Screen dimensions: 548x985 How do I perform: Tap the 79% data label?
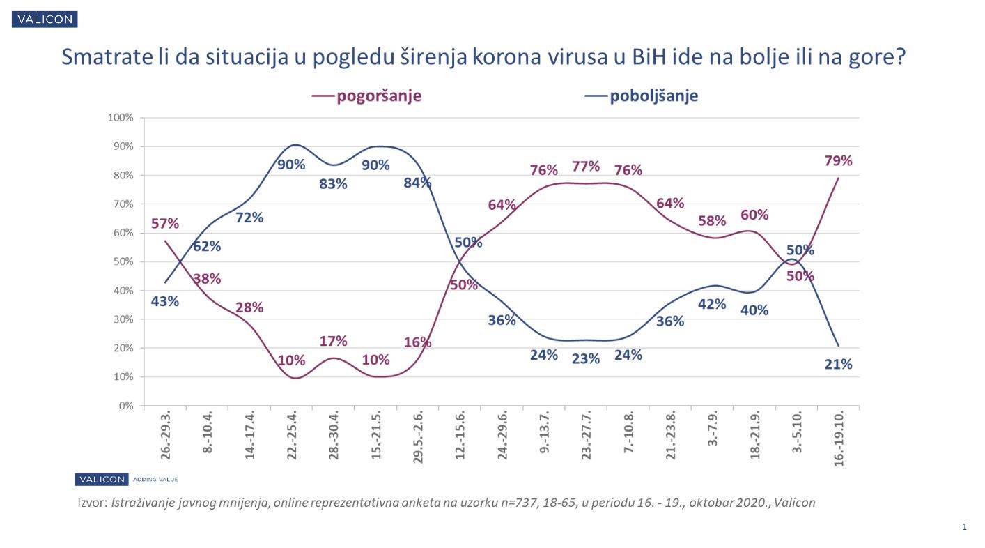tap(838, 160)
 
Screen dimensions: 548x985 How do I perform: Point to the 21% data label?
tap(838, 364)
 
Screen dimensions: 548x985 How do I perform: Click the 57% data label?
tap(165, 224)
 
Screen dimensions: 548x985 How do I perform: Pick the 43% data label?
tap(165, 301)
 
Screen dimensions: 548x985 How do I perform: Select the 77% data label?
tap(586, 166)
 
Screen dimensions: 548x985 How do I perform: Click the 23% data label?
tap(586, 358)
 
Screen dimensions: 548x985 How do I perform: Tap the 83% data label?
tap(333, 185)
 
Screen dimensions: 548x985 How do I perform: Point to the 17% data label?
tap(333, 341)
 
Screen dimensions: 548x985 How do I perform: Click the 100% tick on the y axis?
tap(121, 117)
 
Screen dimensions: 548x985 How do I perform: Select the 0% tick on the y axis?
tap(125, 406)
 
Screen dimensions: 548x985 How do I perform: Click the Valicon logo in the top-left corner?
tap(45, 20)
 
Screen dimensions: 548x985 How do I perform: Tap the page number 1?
tap(964, 527)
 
